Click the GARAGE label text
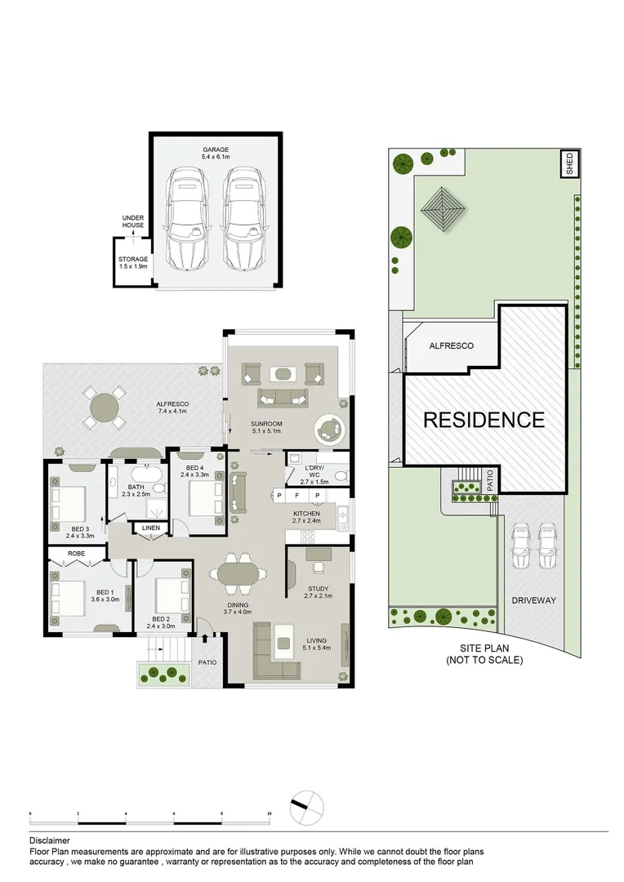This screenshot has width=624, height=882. (216, 150)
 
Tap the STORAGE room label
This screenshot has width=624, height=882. (134, 259)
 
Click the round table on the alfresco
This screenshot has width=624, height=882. (104, 406)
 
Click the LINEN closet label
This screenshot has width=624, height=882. (151, 528)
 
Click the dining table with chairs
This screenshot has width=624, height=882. (238, 574)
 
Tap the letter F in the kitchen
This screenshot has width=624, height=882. (297, 496)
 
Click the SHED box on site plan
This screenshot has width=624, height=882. (569, 164)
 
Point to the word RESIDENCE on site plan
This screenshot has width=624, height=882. (484, 420)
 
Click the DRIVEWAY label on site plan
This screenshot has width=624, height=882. (533, 600)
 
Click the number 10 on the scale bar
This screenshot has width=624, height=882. (269, 814)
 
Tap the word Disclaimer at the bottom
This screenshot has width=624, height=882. (50, 840)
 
